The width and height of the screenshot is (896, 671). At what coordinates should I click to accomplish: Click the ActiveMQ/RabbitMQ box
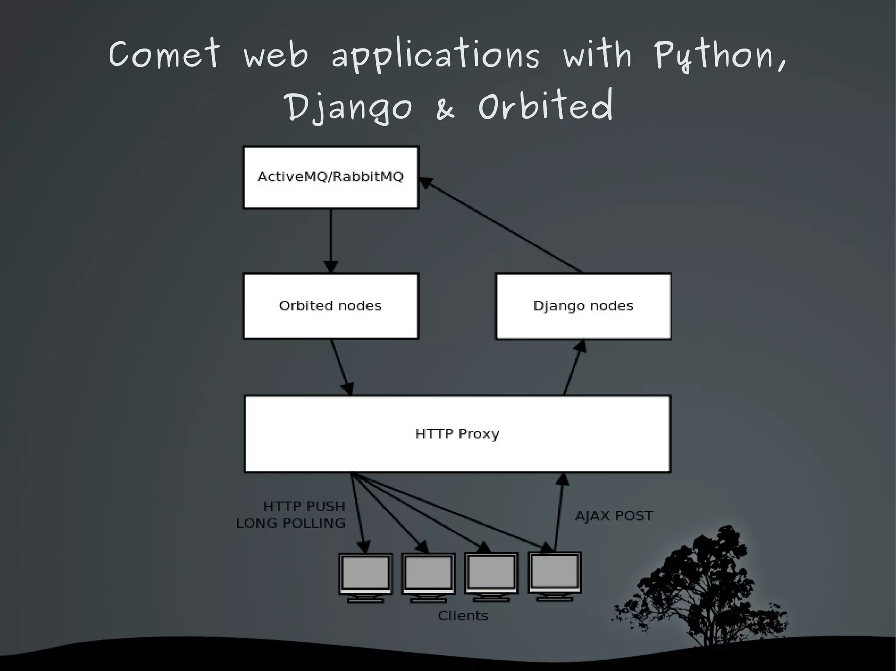tap(331, 177)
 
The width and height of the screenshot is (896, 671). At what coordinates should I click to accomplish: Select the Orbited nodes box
tap(331, 306)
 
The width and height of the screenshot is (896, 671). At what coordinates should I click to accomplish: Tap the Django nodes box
tap(583, 306)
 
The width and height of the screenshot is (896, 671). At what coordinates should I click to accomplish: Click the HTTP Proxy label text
tap(457, 434)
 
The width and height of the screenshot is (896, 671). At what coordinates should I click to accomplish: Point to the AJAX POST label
tap(614, 516)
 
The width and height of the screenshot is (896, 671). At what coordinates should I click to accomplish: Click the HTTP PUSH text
tap(304, 506)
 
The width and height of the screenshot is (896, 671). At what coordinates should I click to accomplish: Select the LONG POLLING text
tap(291, 523)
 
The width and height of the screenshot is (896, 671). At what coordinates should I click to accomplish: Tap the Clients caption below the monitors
tap(463, 615)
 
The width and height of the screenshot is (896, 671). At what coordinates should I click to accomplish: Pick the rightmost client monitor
tap(555, 574)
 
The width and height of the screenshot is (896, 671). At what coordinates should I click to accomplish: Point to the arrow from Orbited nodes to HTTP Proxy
tap(341, 367)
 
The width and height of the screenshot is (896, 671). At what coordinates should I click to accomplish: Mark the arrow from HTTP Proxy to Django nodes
tap(573, 367)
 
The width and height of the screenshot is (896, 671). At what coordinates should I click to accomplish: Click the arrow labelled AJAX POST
tap(559, 511)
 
